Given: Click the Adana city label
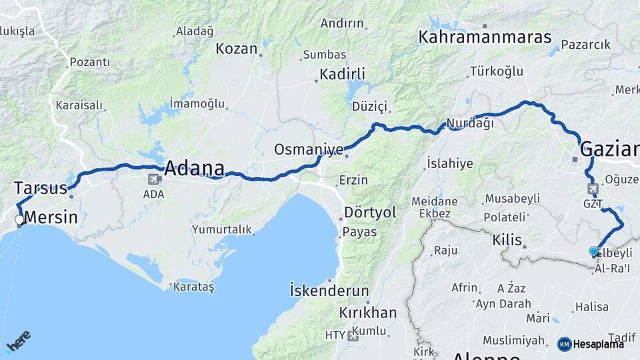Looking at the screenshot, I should (x=194, y=167).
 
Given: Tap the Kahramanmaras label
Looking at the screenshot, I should (x=485, y=37).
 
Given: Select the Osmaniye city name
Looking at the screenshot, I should (x=309, y=149).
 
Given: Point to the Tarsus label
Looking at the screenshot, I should (x=41, y=187).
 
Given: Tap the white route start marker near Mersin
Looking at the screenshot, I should (x=19, y=219).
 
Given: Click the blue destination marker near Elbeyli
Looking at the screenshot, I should (x=593, y=251).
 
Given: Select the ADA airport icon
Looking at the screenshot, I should (x=154, y=179).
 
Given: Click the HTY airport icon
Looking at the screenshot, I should (x=353, y=335).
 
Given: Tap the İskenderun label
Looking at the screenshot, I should (x=329, y=291).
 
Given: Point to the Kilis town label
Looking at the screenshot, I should (x=507, y=240).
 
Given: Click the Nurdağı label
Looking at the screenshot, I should (x=470, y=123).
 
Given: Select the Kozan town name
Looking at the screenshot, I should (x=237, y=49).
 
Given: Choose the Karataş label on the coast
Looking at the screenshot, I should (x=193, y=287).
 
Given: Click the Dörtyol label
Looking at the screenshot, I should (x=370, y=213).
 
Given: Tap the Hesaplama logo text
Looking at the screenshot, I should (x=599, y=344).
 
